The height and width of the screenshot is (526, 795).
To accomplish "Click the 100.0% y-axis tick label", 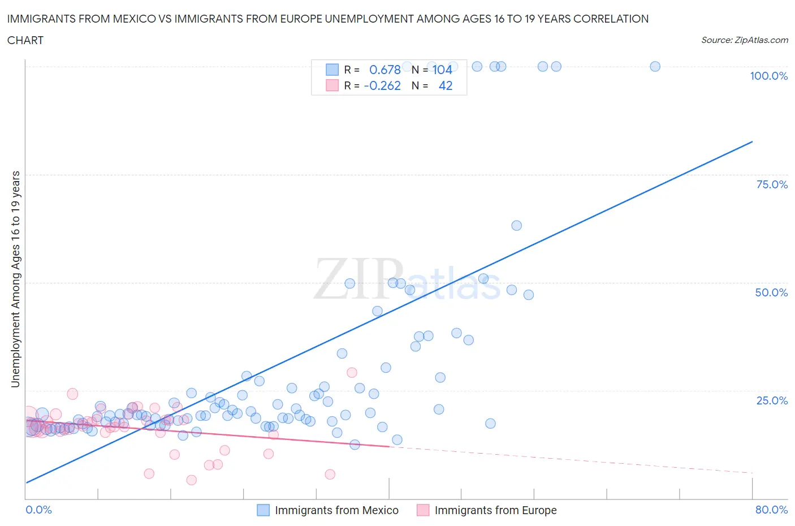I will pos(768,76).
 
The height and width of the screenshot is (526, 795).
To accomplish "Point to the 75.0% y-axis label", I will pos(772,184).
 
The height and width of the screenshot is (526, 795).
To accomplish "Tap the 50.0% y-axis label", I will pos(771,292).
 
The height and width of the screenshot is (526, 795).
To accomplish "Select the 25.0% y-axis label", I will pos(772,400).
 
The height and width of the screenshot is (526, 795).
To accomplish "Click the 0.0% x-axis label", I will pos(38,510).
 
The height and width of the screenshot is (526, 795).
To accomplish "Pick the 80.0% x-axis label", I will pos(771,510).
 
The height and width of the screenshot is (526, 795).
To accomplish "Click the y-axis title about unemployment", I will pos(15,279).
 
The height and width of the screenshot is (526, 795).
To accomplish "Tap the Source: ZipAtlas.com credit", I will pos(744,40).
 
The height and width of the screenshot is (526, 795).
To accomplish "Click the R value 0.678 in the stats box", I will pos(384,70).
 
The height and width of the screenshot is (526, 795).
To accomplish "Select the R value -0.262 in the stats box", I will pos(382,85).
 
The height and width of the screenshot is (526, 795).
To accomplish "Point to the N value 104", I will pos(442,70).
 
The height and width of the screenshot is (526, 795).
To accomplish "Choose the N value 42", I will pos(446,85).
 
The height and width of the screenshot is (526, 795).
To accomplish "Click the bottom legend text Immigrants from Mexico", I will pos(336,510).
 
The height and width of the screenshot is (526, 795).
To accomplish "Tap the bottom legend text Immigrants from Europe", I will pos(495,510).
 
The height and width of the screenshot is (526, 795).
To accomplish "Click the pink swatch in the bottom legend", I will pos(423,510).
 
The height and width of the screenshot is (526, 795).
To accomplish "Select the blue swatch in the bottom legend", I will pos(263,510).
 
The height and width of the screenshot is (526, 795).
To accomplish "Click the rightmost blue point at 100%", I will pos(655,66).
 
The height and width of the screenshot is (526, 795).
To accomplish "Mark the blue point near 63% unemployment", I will pos(516,226).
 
